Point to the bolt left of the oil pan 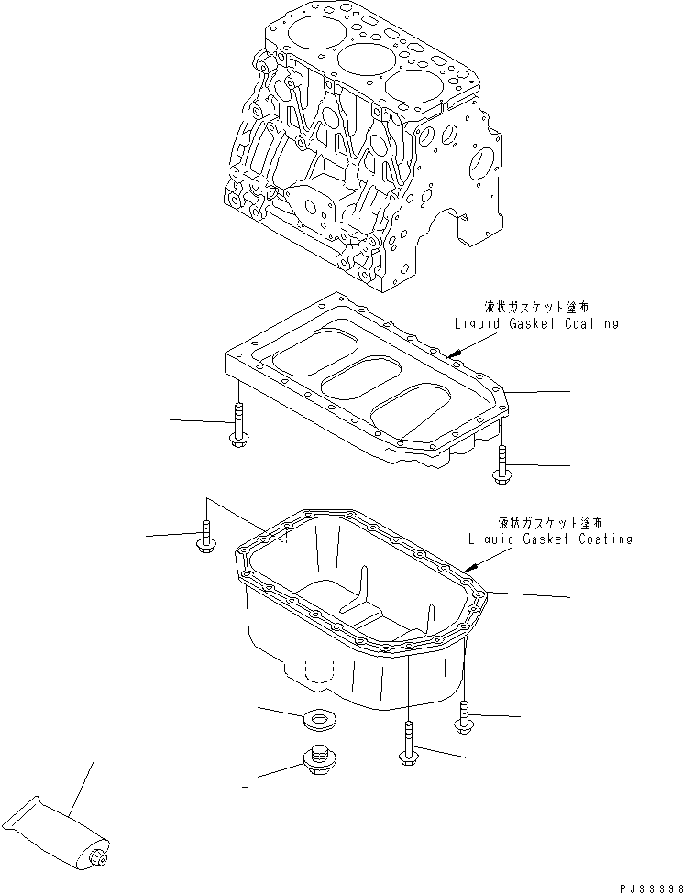[x=205, y=538]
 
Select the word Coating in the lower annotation [x=600, y=539]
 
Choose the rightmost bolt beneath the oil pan [x=466, y=717]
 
